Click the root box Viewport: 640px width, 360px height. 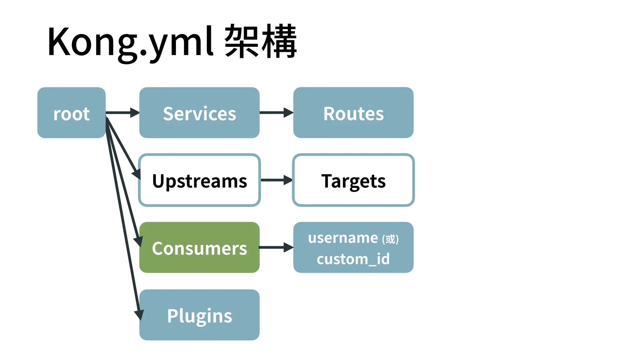point(71,112)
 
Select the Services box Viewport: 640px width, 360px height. point(199,112)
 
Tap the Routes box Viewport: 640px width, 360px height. point(353,112)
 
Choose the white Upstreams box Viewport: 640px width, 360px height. point(199,180)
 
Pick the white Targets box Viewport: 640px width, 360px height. point(353,180)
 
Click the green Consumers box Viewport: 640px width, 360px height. point(199,247)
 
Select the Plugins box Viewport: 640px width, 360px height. point(199,315)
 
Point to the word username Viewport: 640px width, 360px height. point(343,238)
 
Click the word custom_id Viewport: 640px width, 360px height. point(353,259)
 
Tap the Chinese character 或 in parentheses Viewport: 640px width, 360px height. point(390,239)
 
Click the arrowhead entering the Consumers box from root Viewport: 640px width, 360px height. point(138,241)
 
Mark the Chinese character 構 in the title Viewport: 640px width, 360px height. point(279,41)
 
